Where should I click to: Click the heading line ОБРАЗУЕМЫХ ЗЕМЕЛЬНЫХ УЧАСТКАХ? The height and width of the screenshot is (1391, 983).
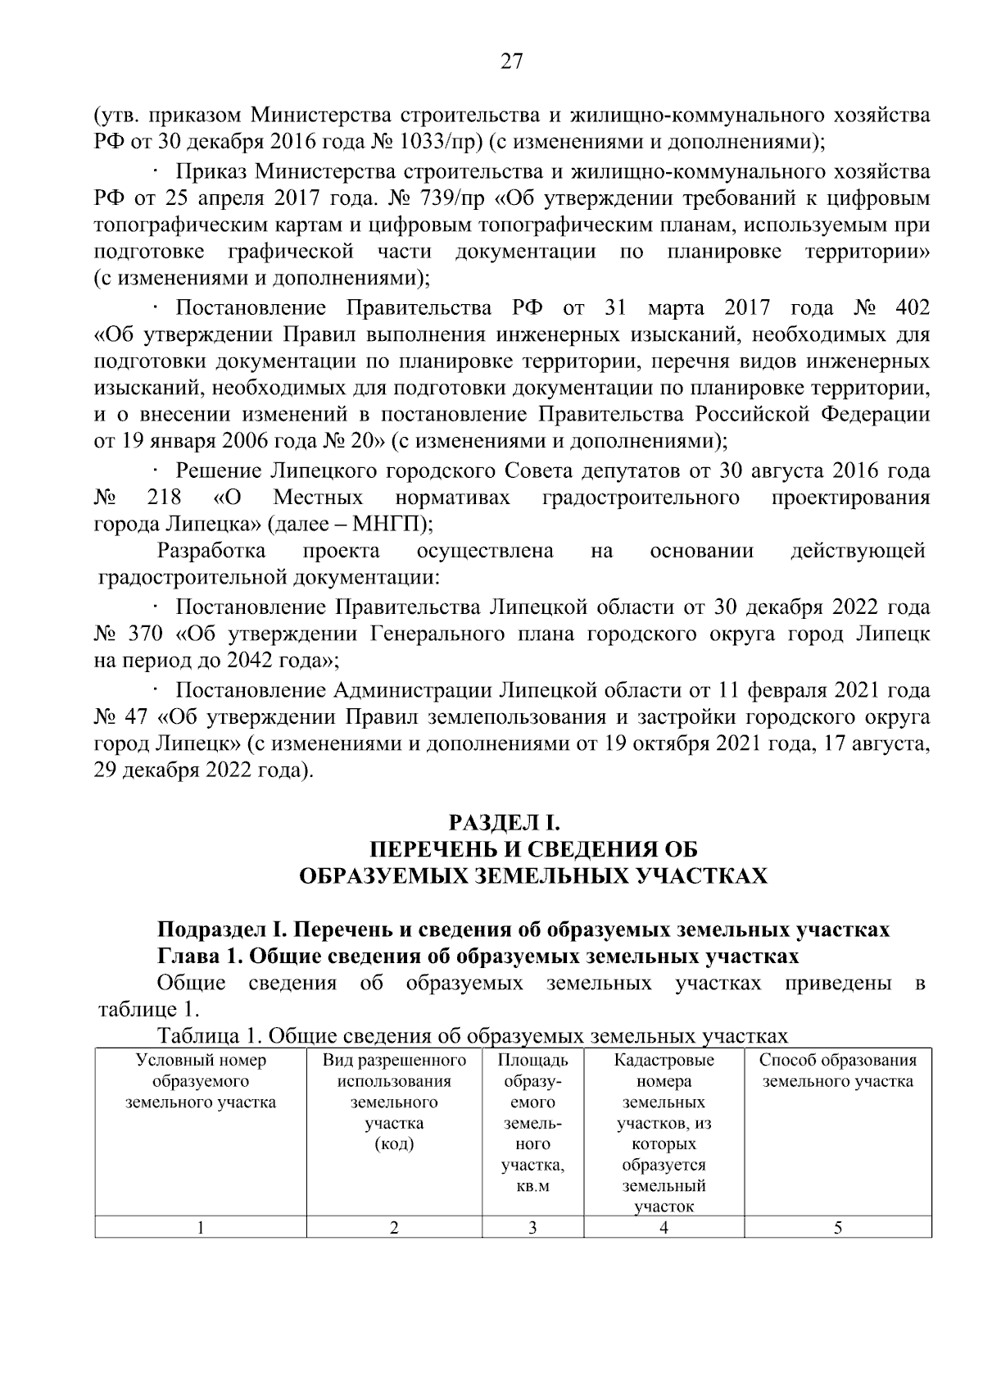pos(533,876)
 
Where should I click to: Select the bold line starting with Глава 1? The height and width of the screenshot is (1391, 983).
pos(478,956)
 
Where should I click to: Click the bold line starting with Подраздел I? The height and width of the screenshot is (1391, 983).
pos(523,930)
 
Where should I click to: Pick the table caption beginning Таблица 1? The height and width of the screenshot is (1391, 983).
pos(473,1036)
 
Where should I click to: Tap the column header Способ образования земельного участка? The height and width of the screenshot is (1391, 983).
pos(837,1071)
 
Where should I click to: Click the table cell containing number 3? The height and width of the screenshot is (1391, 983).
pos(532,1227)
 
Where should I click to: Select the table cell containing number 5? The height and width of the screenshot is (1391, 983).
pos(838,1227)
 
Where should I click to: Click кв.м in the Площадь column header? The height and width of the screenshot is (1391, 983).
pos(532,1186)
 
